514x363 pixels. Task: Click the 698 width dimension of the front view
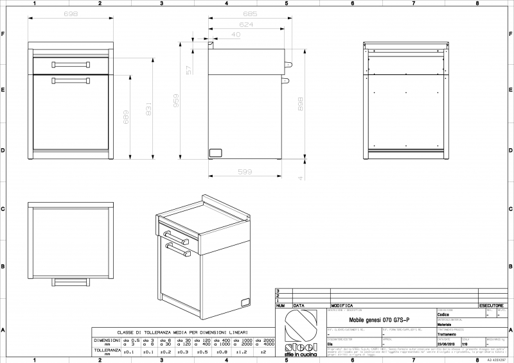(71, 13)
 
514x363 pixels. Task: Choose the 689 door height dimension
(127, 115)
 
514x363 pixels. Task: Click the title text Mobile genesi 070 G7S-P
(377, 319)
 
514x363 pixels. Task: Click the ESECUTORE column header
(491, 306)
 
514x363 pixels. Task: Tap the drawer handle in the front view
(71, 64)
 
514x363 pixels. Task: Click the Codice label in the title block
(443, 315)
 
